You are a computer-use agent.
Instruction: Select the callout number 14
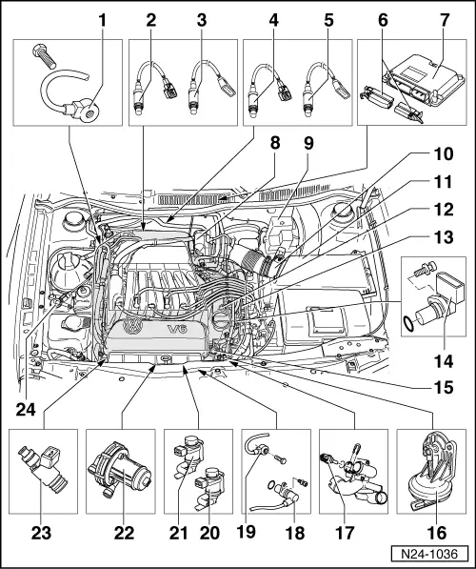pos(439,361)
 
